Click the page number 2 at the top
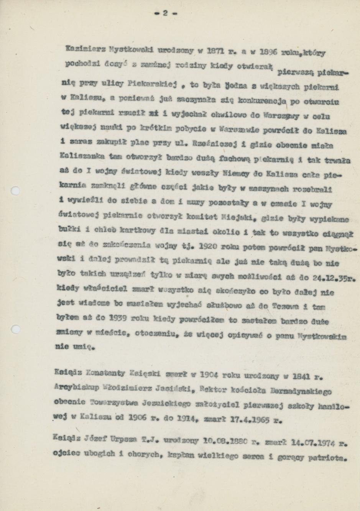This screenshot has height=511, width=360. coord(165,13)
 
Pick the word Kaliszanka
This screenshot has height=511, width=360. coord(78,156)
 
